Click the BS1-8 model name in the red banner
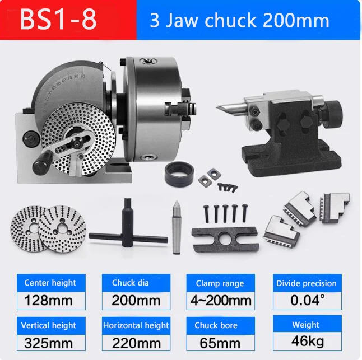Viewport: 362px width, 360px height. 58,20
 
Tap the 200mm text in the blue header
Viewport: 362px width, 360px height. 296,20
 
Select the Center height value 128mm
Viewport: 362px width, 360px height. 48,300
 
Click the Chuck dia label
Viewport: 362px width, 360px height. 131,283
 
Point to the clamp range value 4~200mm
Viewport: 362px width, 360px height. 221,300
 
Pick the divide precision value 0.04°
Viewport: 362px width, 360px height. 308,300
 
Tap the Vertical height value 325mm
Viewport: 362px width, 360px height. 48,343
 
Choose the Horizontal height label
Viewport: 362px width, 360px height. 136,325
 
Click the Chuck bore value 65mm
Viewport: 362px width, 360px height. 220,343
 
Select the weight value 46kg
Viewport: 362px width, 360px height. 308,341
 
